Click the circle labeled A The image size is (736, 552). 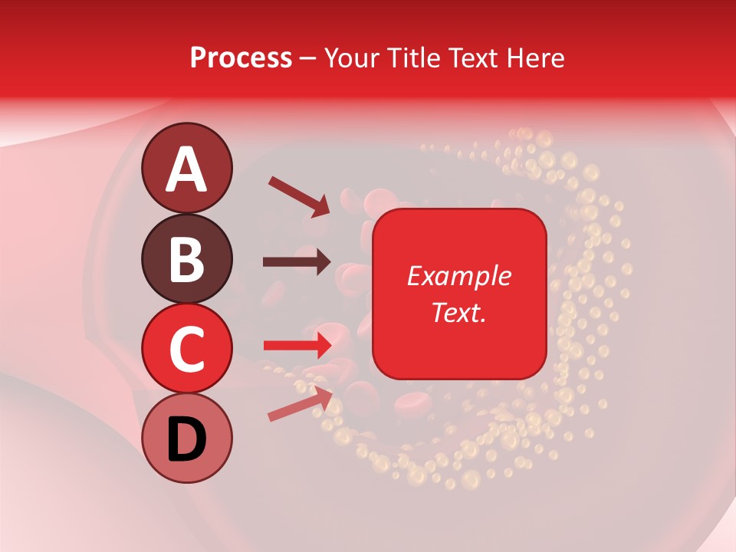point(187,167)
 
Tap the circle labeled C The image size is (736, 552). point(187,348)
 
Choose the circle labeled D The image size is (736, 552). point(187,438)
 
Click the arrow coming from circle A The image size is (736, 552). point(299,195)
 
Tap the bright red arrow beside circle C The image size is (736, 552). point(297,345)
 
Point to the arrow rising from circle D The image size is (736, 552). point(300,404)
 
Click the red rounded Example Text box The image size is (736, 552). point(459,294)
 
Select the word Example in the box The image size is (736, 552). point(459,277)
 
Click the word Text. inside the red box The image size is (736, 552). point(459,312)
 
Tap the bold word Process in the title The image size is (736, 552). point(241,58)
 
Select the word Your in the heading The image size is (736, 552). point(352,58)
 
